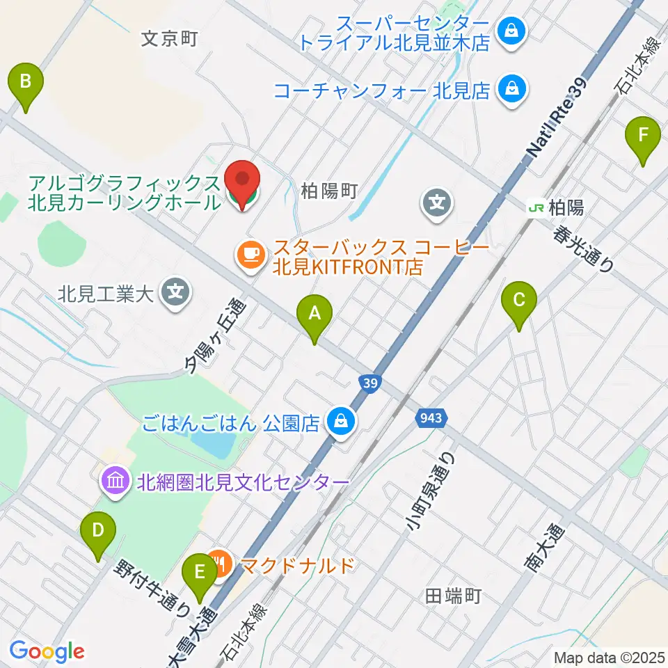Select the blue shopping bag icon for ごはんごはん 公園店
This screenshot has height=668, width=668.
click(342, 422)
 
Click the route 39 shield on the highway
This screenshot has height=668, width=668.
click(370, 383)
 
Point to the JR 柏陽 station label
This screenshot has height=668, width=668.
click(556, 207)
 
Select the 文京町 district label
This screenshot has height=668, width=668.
click(170, 38)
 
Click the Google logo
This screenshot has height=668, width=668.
click(47, 651)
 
